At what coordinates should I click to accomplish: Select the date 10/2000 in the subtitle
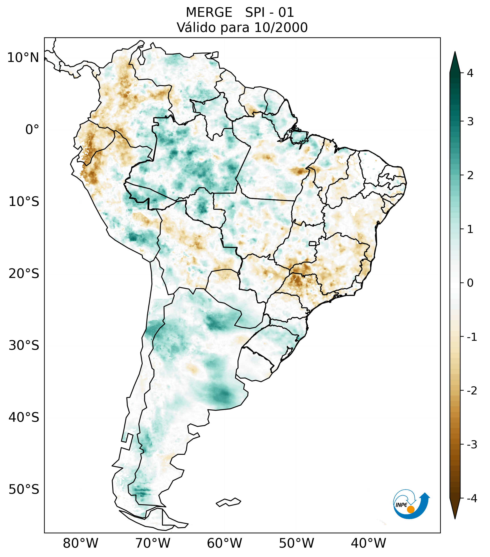281,28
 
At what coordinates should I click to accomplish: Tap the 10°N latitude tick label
23,58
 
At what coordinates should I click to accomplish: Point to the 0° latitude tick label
32,130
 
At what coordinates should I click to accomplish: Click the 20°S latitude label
24,274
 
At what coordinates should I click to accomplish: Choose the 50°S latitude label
24,489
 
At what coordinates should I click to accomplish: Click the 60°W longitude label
224,543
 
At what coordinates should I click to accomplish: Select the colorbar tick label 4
470,73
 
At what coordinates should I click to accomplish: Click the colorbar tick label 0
470,283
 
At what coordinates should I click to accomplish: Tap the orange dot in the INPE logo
410,509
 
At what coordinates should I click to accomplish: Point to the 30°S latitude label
24,345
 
